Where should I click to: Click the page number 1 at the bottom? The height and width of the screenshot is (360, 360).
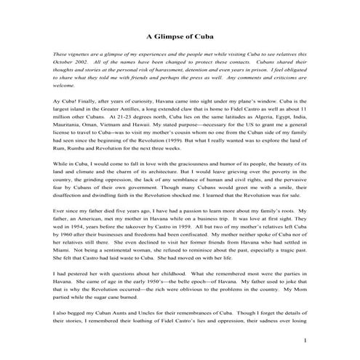[306, 340]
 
